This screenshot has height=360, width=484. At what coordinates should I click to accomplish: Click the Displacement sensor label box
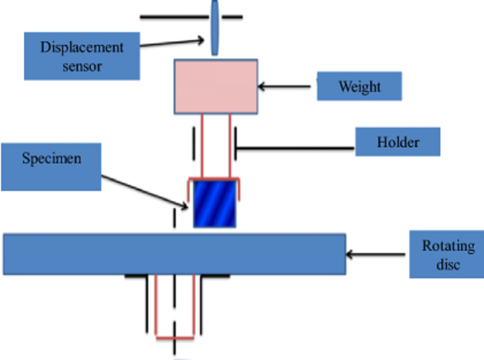tap(81, 56)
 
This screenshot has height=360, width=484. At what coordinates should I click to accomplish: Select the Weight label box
tap(360, 87)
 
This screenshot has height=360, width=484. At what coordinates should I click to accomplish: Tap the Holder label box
tap(398, 142)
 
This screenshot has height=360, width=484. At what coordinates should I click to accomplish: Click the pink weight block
tap(216, 86)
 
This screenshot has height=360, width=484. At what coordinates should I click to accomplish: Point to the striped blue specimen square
tap(215, 204)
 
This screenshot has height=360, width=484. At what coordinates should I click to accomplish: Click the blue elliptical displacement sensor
tap(216, 27)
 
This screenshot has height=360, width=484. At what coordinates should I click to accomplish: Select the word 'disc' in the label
tap(446, 265)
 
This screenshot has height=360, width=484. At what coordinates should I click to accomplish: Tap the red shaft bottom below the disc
tap(175, 337)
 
